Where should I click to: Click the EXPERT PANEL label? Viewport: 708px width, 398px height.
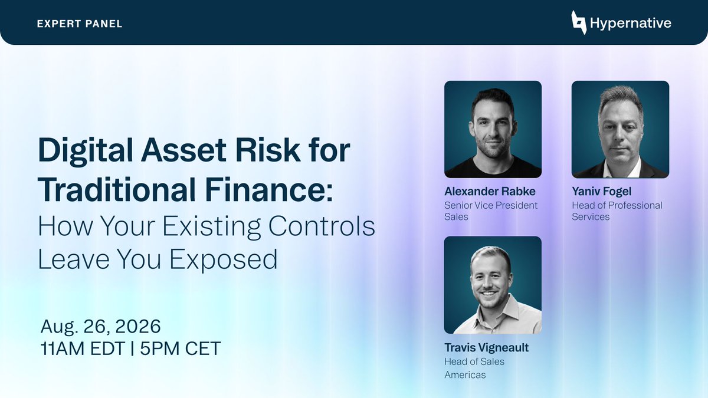tap(79, 24)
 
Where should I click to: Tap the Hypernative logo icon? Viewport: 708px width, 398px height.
tap(579, 22)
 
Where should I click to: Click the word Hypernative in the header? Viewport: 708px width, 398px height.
tap(631, 23)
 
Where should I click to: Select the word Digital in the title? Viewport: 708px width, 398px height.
tap(85, 151)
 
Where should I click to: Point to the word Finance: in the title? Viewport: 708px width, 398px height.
tap(268, 189)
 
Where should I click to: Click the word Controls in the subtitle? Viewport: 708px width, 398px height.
tap(322, 226)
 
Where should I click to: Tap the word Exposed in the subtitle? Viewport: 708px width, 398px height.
tap(224, 259)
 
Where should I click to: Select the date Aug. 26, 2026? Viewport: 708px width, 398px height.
tap(101, 326)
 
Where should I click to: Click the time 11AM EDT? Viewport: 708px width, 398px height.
tap(83, 348)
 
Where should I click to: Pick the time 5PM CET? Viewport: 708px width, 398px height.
tap(180, 348)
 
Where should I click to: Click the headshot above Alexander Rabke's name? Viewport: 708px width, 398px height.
tap(493, 129)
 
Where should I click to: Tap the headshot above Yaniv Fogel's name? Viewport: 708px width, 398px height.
tap(620, 129)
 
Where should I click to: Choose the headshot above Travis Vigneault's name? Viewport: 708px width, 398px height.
tap(493, 285)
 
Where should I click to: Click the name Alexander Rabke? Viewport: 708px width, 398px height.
tap(490, 192)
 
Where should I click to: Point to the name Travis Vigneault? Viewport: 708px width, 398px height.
tap(486, 347)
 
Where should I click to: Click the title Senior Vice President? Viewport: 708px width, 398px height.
tap(491, 205)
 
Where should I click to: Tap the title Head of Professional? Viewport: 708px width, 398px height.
tap(617, 205)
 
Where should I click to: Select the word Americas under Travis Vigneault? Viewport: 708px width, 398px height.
tap(465, 375)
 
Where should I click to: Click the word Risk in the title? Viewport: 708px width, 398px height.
tap(268, 150)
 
